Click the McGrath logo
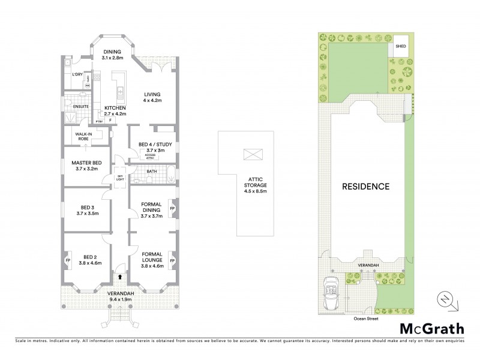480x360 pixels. point(431,328)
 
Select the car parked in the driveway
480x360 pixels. point(329,293)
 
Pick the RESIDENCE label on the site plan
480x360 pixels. point(365,186)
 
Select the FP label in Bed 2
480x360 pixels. point(67,261)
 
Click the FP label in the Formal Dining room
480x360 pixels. point(173,209)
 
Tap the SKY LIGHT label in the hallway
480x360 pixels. point(120,178)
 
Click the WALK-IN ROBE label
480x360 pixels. point(82,137)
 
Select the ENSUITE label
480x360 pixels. point(81,107)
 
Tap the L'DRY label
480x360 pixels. point(77,74)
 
